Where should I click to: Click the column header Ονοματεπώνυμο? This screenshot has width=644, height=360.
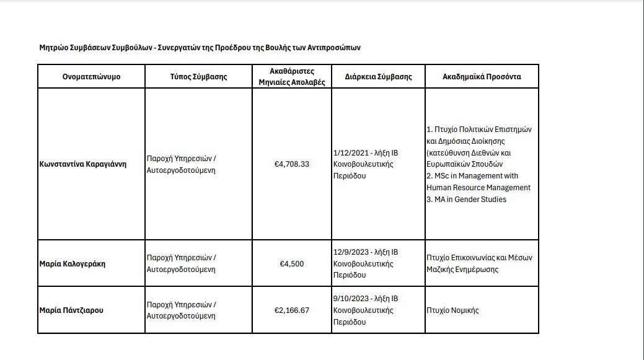pyautogui.click(x=91, y=77)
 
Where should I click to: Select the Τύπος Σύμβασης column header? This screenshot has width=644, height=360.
pyautogui.click(x=198, y=77)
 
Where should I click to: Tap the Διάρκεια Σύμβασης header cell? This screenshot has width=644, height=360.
pyautogui.click(x=378, y=77)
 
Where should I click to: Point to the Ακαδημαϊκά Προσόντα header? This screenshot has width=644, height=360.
pyautogui.click(x=482, y=77)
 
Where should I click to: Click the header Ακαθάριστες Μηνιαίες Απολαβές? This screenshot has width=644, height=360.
pyautogui.click(x=291, y=77)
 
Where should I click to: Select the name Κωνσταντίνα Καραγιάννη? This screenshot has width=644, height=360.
pyautogui.click(x=82, y=164)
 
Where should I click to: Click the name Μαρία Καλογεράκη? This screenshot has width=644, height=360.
pyautogui.click(x=72, y=263)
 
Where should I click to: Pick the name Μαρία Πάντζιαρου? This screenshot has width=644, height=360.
pyautogui.click(x=71, y=310)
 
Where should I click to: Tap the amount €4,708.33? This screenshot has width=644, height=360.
pyautogui.click(x=291, y=164)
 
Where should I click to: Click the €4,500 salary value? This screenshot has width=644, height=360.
pyautogui.click(x=291, y=263)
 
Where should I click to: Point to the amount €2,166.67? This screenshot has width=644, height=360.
pyautogui.click(x=291, y=310)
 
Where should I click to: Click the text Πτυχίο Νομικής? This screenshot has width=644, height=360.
pyautogui.click(x=452, y=310)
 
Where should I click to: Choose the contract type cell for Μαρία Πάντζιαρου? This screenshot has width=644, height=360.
pyautogui.click(x=181, y=310)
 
